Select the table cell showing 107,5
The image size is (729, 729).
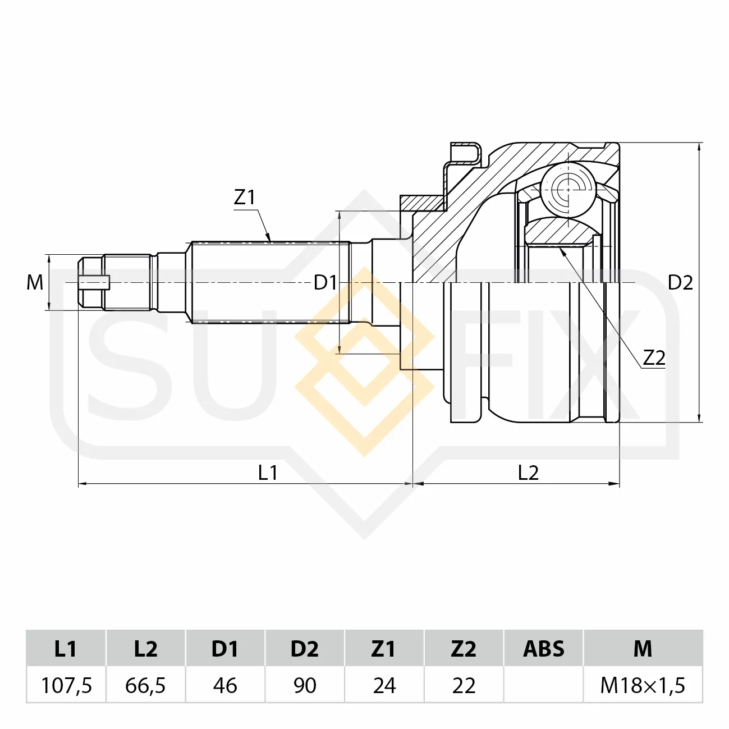66,685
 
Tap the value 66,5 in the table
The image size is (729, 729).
146,685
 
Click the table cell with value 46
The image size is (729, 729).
225,685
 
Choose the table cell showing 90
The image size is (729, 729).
305,685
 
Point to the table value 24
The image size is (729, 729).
384,685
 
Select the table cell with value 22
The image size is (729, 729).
464,685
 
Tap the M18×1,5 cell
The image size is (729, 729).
643,685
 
